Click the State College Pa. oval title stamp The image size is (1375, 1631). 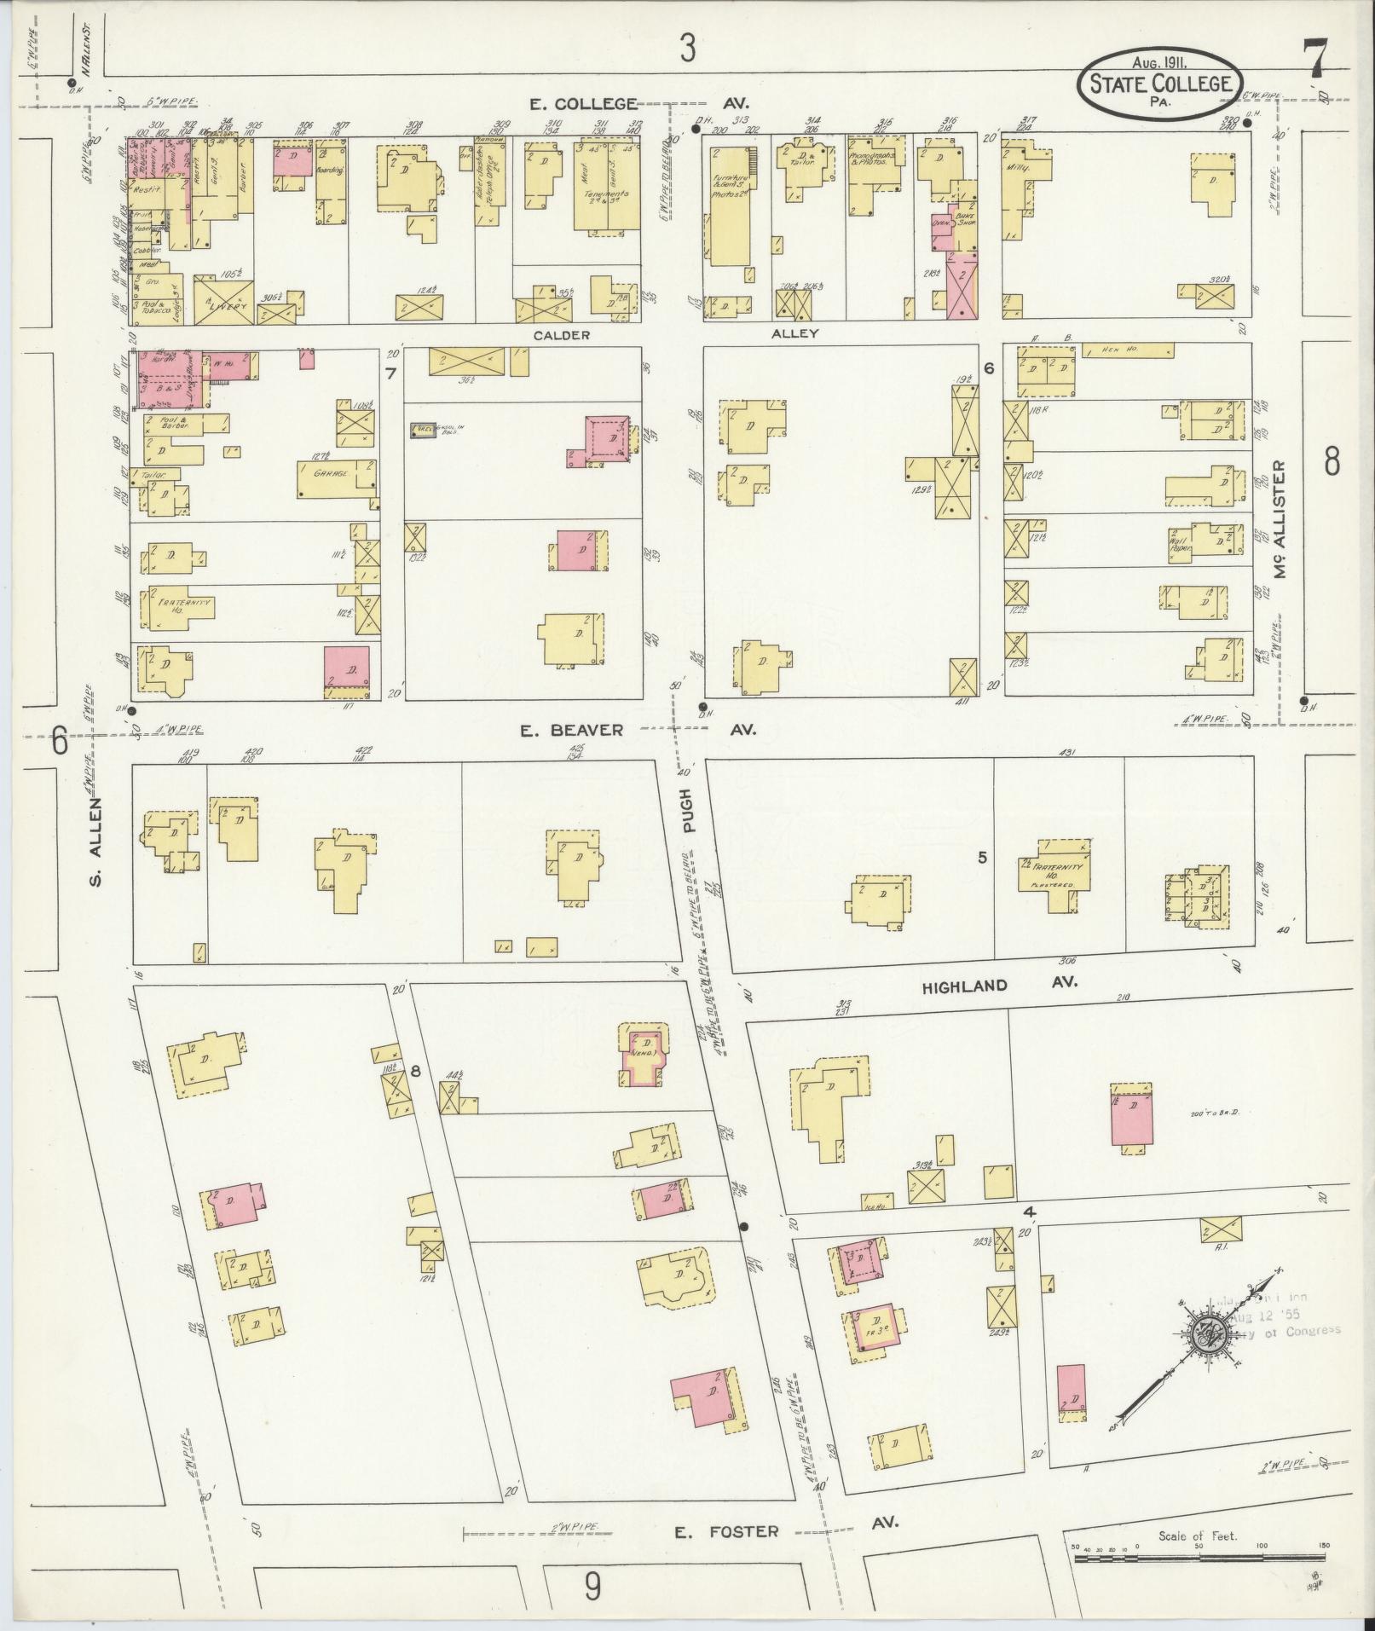(1158, 84)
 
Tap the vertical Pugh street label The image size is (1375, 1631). (687, 810)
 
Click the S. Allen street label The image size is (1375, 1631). (95, 841)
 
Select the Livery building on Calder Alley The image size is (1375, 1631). (217, 300)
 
